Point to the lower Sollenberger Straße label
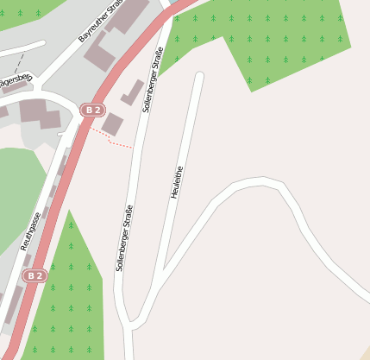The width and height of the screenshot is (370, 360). pos(124,238)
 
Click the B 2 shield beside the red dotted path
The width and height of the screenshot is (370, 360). pos(92,110)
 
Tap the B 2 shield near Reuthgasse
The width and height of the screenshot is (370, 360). pos(34,275)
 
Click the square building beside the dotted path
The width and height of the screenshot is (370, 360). pos(112,123)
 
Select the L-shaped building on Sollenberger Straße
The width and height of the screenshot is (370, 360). pos(132,92)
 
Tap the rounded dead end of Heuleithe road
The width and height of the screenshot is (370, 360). pos(199,77)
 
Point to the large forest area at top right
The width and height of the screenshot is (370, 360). pos(267,39)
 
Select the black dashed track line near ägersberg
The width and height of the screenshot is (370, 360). pos(32,62)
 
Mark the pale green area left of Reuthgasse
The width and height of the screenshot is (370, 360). pos(17,190)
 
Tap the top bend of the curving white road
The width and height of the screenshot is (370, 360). pos(259,182)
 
